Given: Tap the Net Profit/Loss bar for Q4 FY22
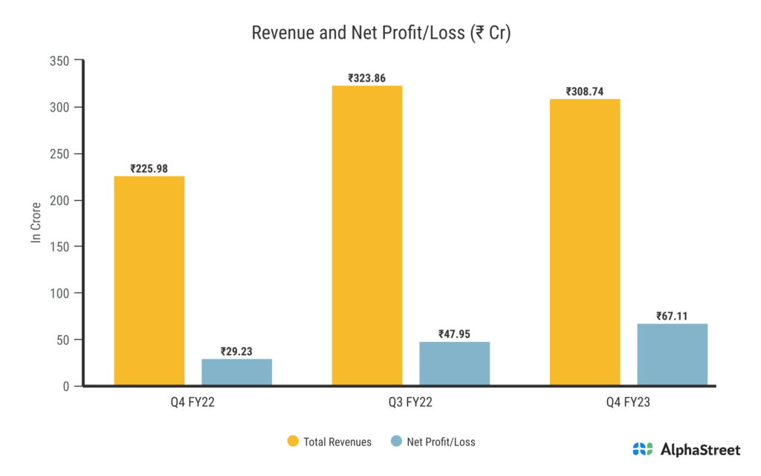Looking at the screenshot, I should (236, 372).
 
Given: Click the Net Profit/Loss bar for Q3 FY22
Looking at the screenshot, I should (454, 364).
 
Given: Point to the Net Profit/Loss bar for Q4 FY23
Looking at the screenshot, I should (672, 355).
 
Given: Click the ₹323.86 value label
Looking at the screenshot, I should (367, 78).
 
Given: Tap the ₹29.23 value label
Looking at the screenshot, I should (236, 351).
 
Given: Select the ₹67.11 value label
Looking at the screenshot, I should (672, 316).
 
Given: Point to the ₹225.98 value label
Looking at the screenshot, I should (149, 169).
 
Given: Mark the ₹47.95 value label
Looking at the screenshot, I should (454, 334).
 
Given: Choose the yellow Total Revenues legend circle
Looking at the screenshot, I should (293, 442).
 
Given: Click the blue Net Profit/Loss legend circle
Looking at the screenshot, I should (395, 442).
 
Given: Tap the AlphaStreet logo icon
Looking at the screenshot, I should (643, 448).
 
